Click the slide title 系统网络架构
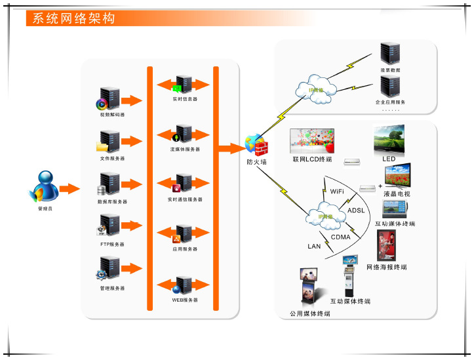(x=73, y=18)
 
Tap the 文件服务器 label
(x=113, y=159)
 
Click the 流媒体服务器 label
(x=185, y=150)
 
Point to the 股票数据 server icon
(x=390, y=54)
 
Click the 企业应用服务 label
(x=390, y=103)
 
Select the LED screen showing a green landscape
(x=389, y=139)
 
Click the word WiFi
(x=338, y=191)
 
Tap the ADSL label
(x=356, y=210)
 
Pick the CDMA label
(x=341, y=237)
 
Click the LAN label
(x=315, y=247)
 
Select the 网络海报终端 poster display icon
(x=386, y=245)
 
